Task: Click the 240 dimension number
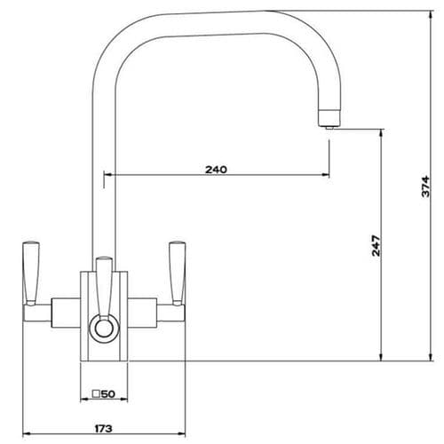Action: pyautogui.click(x=215, y=169)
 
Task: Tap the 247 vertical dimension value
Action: pyautogui.click(x=376, y=244)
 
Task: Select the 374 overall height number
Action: pyautogui.click(x=425, y=186)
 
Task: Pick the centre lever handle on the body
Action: pyautogui.click(x=104, y=284)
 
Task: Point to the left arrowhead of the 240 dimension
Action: pyautogui.click(x=107, y=175)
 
